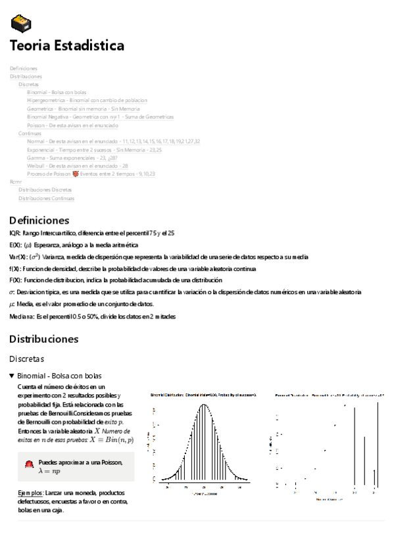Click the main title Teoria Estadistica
66,46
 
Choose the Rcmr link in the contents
16,182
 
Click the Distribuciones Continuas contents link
46,198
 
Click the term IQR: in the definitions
14,233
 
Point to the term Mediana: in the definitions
23,316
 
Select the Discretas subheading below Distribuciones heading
26,359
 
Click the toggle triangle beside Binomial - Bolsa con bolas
12,376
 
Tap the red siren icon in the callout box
28,465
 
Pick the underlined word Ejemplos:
31,493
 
